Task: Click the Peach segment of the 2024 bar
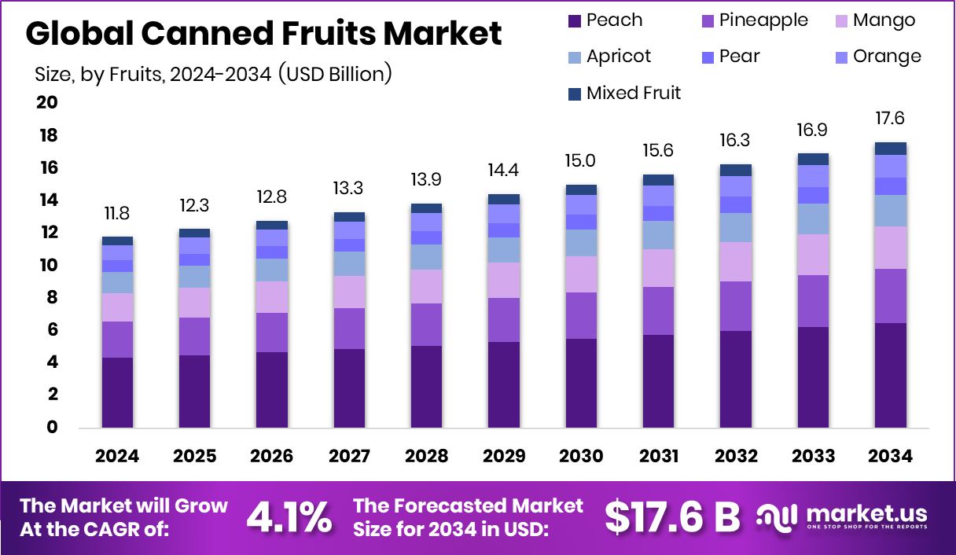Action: (x=117, y=392)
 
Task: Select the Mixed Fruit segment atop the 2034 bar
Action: (x=891, y=149)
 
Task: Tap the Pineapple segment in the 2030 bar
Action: (x=581, y=315)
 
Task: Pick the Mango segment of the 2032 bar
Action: (x=736, y=262)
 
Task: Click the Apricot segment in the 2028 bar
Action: (x=426, y=257)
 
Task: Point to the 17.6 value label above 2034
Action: (x=891, y=119)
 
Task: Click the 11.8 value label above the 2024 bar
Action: (x=117, y=214)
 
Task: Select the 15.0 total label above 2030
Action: (x=581, y=161)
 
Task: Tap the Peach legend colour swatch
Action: (x=574, y=21)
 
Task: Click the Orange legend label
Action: (x=887, y=57)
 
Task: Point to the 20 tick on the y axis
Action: (x=46, y=103)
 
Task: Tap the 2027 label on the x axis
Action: (x=348, y=457)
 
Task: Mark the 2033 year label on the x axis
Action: (x=813, y=457)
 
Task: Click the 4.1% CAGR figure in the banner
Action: (x=289, y=516)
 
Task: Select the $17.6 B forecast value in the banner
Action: (x=672, y=516)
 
